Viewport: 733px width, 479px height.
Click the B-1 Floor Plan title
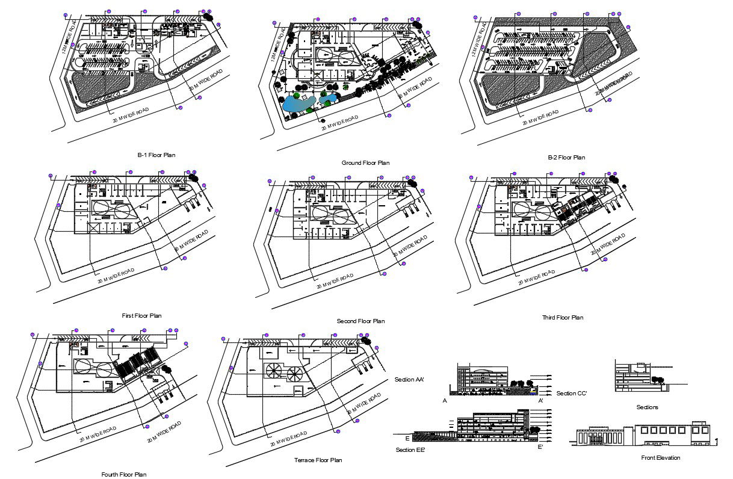[x=156, y=155]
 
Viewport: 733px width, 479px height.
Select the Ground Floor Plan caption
[x=365, y=163]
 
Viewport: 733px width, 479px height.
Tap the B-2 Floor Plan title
[x=566, y=158]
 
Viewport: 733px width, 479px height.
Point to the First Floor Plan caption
[x=141, y=315]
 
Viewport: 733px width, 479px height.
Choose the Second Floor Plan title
[x=360, y=321]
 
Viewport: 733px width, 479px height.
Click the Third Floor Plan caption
[x=563, y=318]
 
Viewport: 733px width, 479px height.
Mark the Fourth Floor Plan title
[x=124, y=474]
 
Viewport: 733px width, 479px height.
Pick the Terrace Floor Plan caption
[x=318, y=460]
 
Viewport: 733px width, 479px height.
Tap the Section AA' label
[x=409, y=380]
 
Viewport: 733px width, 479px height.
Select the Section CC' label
[x=571, y=394]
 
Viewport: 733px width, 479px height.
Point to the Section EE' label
[x=410, y=450]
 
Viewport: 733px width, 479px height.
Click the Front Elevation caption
[x=661, y=458]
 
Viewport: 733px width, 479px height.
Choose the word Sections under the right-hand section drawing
[x=647, y=407]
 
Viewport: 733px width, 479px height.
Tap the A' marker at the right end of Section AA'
[x=541, y=400]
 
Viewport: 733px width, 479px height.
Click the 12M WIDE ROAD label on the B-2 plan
[x=480, y=36]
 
